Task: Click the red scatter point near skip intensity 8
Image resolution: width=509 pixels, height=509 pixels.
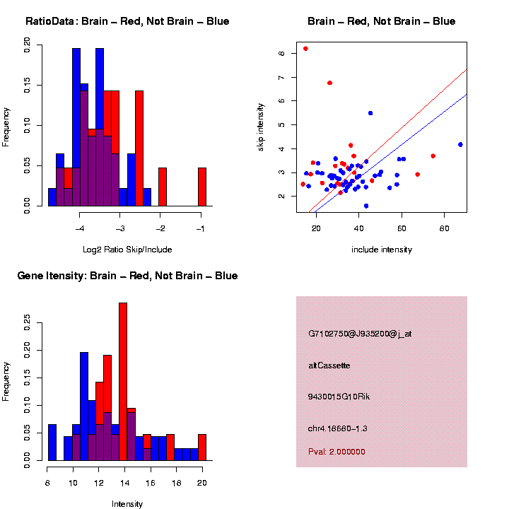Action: [305, 49]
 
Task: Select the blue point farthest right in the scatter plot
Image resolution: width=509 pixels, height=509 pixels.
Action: [460, 144]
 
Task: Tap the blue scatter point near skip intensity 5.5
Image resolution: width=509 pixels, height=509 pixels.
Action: [370, 113]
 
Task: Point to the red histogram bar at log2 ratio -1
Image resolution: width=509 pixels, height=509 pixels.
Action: [202, 187]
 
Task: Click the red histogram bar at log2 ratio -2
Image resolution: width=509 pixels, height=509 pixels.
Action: [163, 187]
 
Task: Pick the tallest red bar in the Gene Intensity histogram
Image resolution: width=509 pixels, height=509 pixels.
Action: [123, 382]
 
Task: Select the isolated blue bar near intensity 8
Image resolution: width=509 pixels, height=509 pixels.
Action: [52, 442]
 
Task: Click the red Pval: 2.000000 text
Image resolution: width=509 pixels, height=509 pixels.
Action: [337, 452]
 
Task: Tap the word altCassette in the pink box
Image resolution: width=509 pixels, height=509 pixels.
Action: [329, 365]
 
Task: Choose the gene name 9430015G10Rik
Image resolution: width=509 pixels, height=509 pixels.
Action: [339, 397]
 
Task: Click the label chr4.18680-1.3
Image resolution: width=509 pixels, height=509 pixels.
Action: [338, 428]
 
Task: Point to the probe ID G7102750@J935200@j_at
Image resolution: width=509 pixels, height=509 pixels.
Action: [360, 334]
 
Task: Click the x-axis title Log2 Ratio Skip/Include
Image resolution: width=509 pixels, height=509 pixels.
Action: [127, 250]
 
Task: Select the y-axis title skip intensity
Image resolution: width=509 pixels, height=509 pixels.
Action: [260, 127]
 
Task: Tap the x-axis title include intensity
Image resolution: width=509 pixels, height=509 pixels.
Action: [382, 250]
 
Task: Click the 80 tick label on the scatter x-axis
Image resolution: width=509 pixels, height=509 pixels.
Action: [445, 228]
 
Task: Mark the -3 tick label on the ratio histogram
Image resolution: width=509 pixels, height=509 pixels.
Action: [120, 228]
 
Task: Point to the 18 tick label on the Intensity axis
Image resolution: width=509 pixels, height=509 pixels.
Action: [176, 483]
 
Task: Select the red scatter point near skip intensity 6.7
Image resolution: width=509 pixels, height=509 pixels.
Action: [330, 83]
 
